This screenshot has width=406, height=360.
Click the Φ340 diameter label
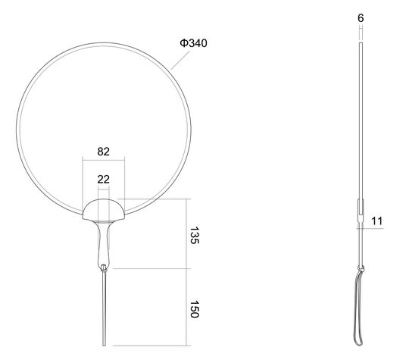(x=193, y=43)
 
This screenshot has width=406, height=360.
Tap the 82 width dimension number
(x=103, y=152)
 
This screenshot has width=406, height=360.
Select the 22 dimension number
(x=103, y=179)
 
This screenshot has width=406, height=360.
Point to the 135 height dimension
(x=194, y=235)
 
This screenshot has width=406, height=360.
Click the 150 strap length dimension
(x=194, y=309)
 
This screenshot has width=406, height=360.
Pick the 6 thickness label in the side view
(x=361, y=18)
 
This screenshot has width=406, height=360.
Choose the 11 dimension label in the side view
(x=376, y=221)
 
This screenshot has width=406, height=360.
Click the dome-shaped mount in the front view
(x=104, y=209)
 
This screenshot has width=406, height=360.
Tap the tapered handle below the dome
(x=104, y=243)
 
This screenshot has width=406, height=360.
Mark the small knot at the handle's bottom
(x=104, y=268)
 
